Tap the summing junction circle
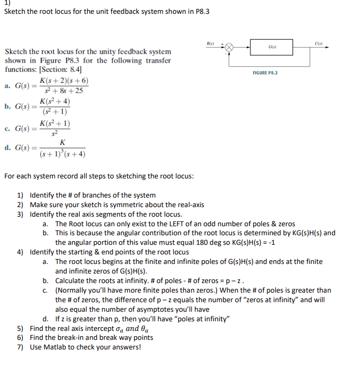[x=229, y=47]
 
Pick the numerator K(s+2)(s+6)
[x=64, y=81]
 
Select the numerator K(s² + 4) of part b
[x=55, y=101]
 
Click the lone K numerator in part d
[x=63, y=143]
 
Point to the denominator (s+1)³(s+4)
[x=63, y=154]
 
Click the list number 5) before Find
[x=20, y=328]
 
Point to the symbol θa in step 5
[x=146, y=329]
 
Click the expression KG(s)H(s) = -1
[x=249, y=243]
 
